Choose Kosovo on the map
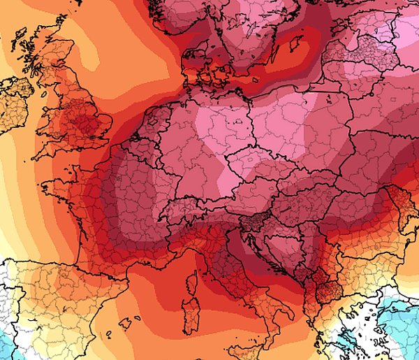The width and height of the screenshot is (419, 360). pyautogui.click(x=312, y=274)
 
